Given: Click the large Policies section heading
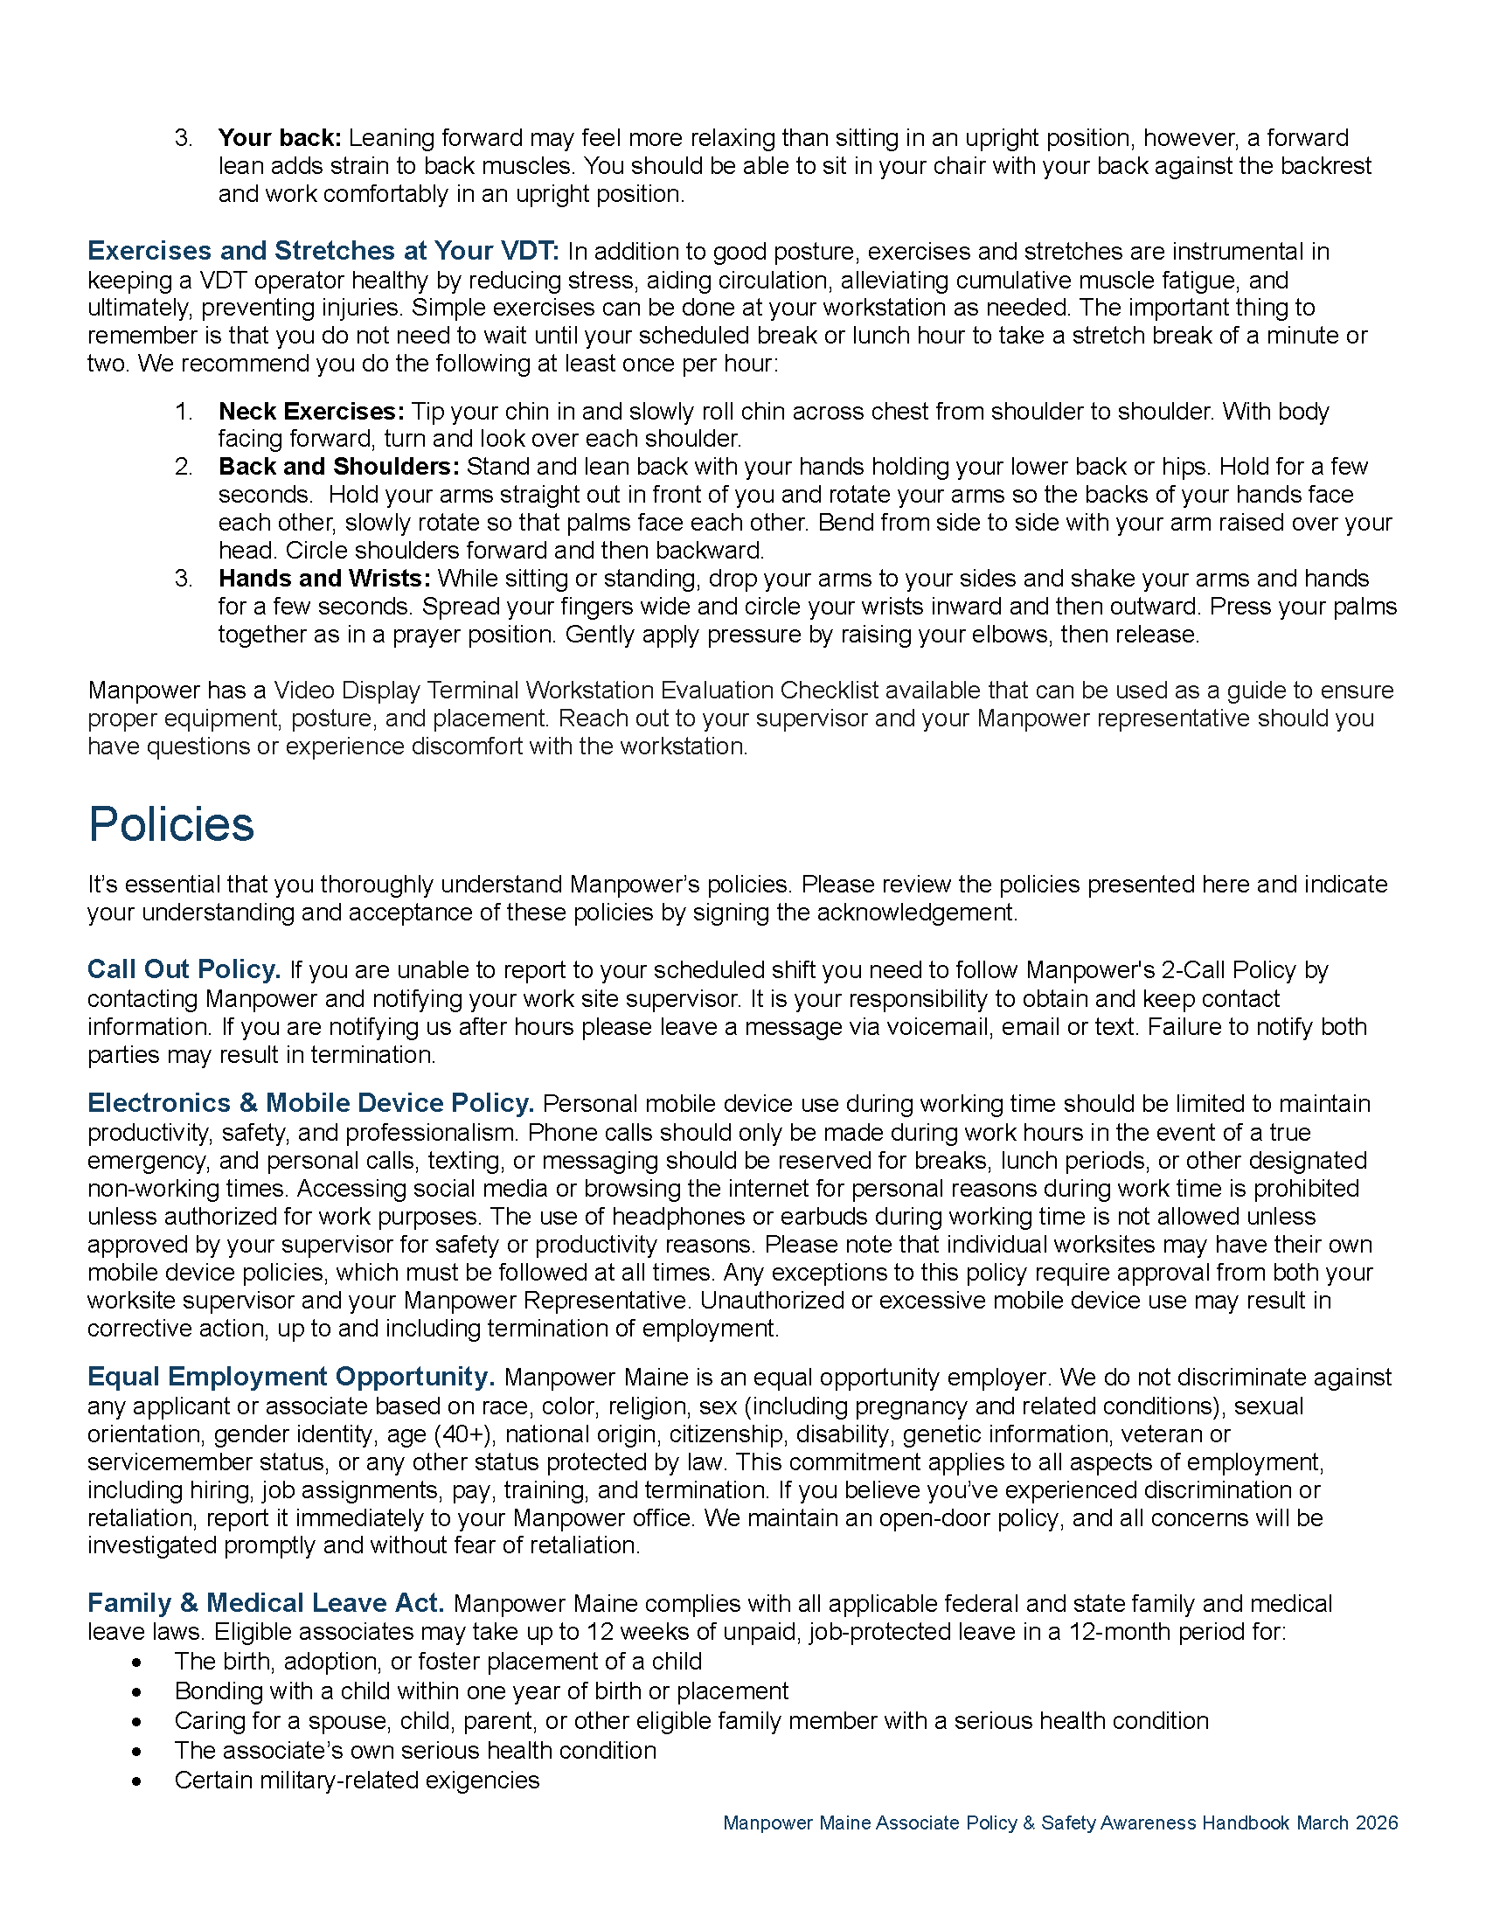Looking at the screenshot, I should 170,824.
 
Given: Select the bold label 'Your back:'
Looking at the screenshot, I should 279,138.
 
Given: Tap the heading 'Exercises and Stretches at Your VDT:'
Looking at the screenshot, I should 323,251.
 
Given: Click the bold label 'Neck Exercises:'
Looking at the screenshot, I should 312,411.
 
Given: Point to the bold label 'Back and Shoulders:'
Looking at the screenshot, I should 339,467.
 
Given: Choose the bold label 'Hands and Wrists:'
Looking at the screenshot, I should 324,579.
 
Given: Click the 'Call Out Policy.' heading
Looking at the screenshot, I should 184,969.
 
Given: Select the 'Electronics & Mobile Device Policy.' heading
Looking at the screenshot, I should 311,1103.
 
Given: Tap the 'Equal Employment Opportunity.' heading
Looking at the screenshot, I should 291,1377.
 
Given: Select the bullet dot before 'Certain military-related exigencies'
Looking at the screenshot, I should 136,1781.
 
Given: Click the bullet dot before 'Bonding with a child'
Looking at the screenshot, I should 136,1692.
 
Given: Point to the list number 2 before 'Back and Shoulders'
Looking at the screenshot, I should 183,467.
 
